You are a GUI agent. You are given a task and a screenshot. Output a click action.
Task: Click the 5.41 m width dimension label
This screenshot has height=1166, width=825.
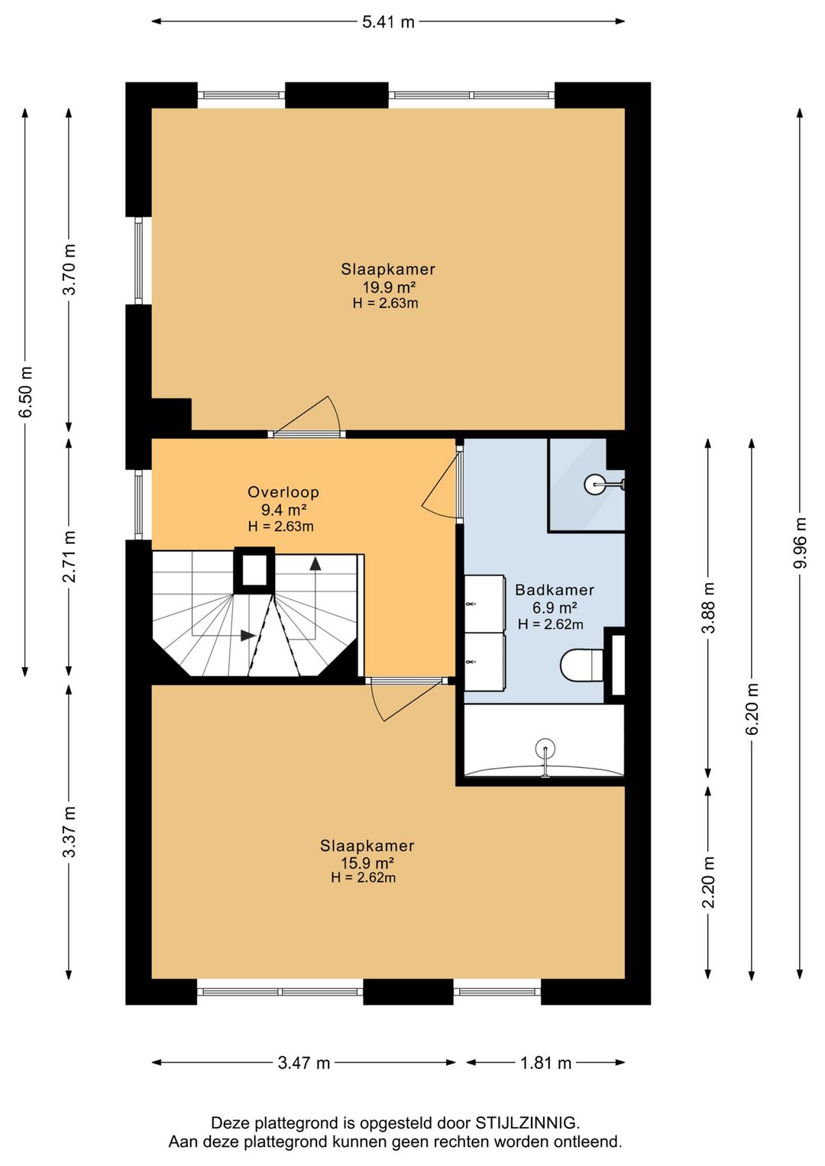[388, 22]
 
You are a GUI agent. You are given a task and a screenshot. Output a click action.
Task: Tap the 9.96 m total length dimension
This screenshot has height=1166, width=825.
[801, 543]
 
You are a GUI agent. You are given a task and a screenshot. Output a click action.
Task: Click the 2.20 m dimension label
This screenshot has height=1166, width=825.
[708, 882]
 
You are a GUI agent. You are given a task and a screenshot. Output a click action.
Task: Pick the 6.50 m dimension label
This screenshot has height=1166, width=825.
[25, 391]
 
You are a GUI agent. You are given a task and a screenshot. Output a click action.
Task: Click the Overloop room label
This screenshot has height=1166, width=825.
[283, 492]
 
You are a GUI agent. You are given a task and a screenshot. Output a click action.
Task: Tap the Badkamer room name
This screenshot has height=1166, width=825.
[555, 590]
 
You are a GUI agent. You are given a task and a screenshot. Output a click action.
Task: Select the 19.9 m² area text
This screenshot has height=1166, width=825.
[388, 287]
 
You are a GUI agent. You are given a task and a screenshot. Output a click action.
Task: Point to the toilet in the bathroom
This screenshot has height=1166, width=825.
[582, 665]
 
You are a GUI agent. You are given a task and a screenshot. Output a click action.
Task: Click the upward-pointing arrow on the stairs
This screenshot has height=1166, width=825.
[315, 564]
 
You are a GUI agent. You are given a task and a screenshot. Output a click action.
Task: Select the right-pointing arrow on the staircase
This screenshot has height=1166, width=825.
[248, 636]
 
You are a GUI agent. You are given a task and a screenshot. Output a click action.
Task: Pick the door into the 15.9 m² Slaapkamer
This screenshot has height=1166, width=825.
[406, 700]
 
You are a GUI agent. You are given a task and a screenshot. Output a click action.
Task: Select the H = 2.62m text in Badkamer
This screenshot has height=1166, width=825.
[551, 624]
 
